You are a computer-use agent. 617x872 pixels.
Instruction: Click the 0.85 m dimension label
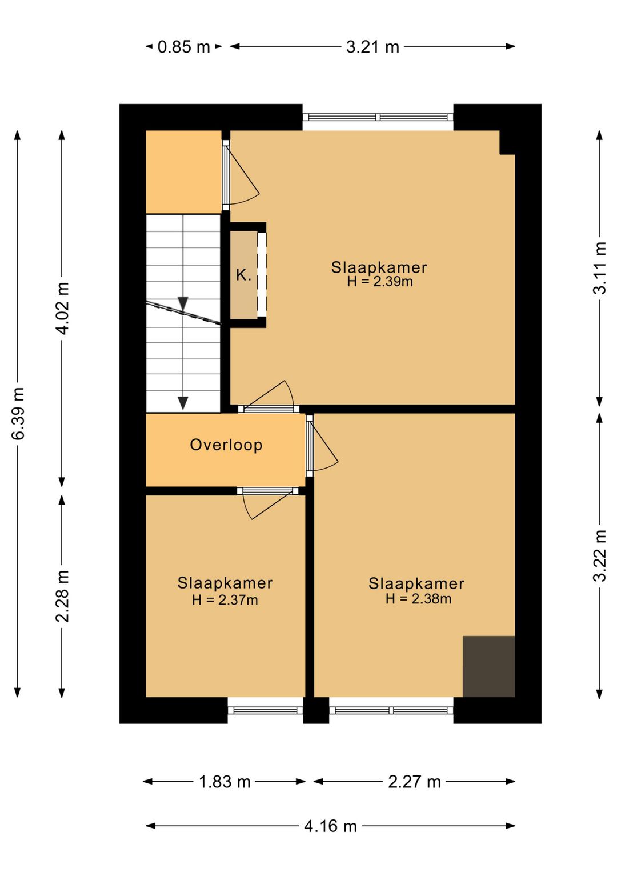184,47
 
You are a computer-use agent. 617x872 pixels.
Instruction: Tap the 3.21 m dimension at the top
372,47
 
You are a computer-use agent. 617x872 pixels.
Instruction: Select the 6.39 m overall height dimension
18,413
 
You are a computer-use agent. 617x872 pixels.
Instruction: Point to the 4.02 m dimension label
62,309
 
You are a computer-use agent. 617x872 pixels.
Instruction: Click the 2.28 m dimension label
62,596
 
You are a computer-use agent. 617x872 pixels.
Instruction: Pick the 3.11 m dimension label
599,268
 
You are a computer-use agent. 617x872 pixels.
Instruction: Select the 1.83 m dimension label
225,781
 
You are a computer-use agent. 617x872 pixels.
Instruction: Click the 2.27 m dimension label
414,781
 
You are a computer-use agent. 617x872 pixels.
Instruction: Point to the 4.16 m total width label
330,826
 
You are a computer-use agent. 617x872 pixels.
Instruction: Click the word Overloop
226,445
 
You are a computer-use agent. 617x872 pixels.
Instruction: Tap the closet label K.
243,275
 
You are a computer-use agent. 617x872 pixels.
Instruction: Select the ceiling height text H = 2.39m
380,282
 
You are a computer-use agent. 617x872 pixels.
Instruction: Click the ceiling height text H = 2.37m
225,600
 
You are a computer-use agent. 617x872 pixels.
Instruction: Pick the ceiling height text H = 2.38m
418,598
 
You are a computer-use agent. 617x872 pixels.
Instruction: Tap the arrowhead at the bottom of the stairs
183,403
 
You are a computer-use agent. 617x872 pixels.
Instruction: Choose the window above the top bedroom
378,117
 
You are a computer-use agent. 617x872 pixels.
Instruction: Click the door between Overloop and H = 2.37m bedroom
267,491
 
